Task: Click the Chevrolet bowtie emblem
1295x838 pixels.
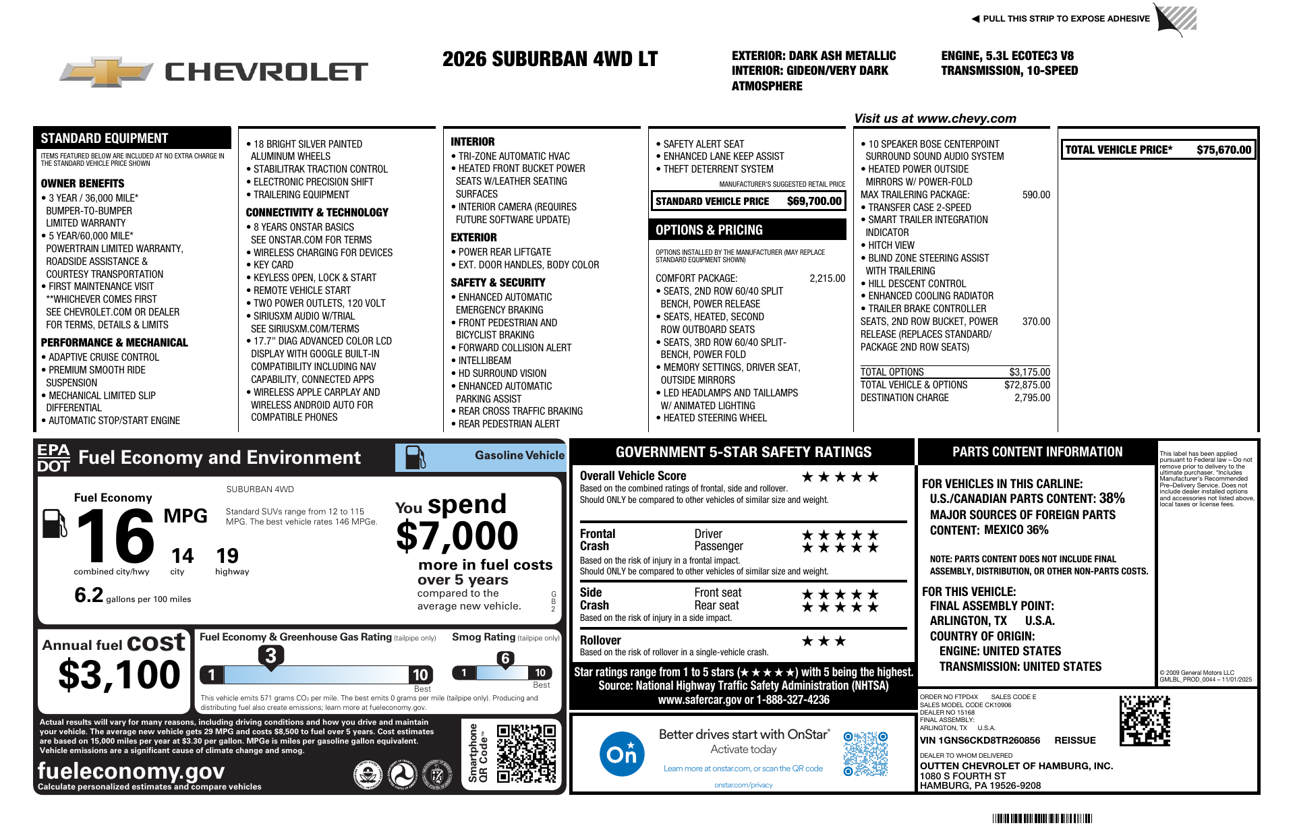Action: (x=107, y=71)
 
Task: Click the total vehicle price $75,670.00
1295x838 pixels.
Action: (x=1224, y=150)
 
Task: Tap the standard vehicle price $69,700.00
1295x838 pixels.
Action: (x=814, y=201)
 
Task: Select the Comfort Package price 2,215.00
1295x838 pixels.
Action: (x=827, y=278)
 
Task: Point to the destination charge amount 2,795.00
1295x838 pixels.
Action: (x=1032, y=398)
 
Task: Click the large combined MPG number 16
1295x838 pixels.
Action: (x=115, y=537)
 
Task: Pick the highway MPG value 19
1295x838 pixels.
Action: (x=227, y=556)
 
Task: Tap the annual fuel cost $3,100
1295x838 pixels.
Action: (x=119, y=675)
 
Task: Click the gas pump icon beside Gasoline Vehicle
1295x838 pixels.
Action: (x=415, y=457)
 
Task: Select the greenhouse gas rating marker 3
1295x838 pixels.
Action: (x=270, y=655)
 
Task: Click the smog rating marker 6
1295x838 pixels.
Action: (x=505, y=659)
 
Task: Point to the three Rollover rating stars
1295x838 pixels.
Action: (x=824, y=641)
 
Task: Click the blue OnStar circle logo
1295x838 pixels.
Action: (x=621, y=754)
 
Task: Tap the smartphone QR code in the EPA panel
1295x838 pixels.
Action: (x=526, y=753)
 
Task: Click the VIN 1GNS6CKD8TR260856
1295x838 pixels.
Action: (x=980, y=740)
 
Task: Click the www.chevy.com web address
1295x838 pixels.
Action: (x=967, y=119)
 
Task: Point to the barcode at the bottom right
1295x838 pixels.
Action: (x=1042, y=818)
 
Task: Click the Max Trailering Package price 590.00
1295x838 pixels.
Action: (x=1036, y=195)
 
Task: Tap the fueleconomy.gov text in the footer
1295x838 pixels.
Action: (x=131, y=771)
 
